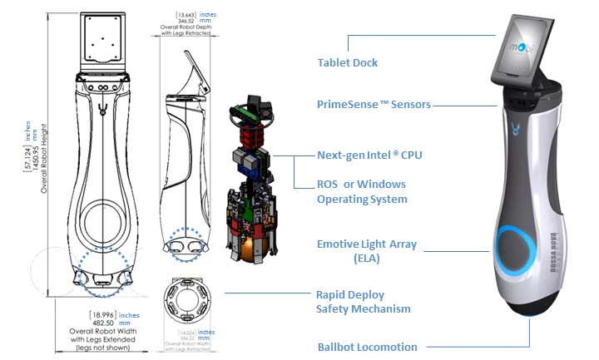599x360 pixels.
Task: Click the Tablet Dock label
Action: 347,62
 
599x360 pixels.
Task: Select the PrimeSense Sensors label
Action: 373,106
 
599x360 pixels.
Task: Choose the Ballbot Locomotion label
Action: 367,347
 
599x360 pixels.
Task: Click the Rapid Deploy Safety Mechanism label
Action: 363,301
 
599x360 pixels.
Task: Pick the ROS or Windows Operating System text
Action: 362,191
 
